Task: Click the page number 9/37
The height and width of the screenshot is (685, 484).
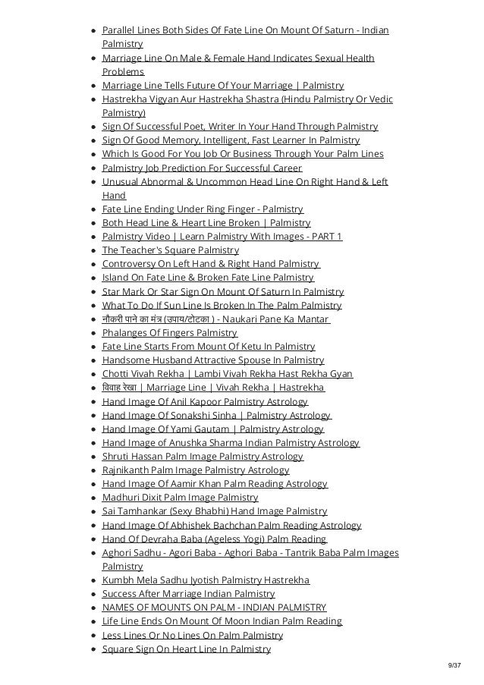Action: pos(454,666)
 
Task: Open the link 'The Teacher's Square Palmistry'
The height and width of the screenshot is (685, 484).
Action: pos(170,250)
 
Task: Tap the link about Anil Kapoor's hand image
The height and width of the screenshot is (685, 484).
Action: pos(205,401)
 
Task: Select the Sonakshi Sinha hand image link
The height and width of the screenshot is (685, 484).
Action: pos(216,415)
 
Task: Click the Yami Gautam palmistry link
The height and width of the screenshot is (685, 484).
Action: pos(212,429)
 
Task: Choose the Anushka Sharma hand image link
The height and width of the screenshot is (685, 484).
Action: pos(231,443)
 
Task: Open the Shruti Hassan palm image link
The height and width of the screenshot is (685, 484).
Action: pos(203,457)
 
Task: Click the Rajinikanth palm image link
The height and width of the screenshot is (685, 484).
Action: pos(195,470)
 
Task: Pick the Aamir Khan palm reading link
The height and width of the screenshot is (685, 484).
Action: pos(215,484)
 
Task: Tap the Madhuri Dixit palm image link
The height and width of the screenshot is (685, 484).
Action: pos(180,498)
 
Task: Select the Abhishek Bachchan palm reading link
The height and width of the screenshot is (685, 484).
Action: pos(231,525)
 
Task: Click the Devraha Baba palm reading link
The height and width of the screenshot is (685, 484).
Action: pos(214,539)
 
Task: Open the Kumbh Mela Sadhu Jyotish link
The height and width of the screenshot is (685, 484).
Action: pos(206,580)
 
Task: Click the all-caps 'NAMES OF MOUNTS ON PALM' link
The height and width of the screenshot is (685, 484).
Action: pos(214,608)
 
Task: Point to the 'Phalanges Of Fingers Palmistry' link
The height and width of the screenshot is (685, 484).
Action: pos(169,333)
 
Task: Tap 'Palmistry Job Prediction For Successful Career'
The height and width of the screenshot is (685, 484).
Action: pos(202,168)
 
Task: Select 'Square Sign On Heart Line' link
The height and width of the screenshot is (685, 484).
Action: pos(186,649)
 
